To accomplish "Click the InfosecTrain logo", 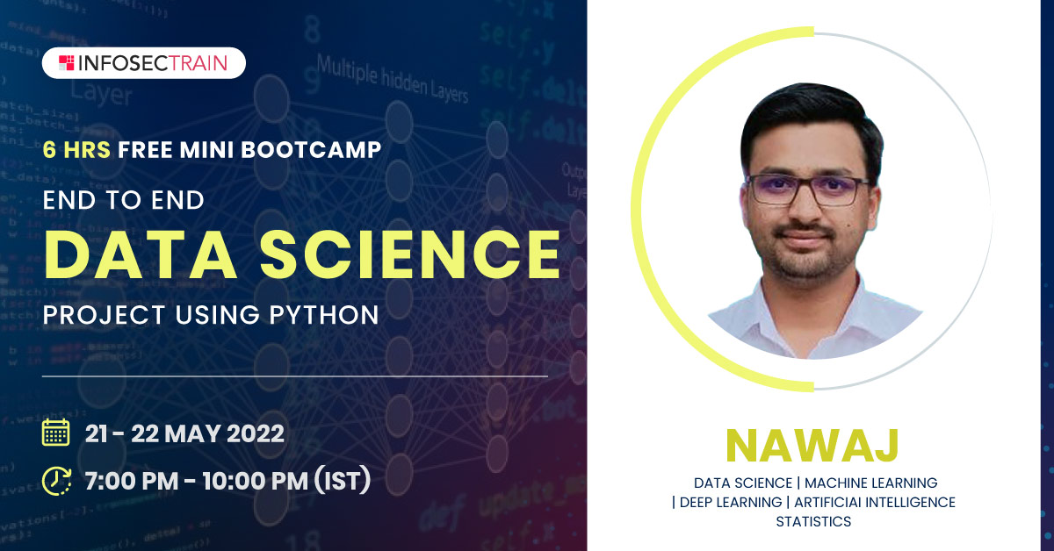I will (143, 63).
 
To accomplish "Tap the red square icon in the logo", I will (67, 63).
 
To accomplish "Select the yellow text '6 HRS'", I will (76, 150).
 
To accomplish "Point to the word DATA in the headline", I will (129, 254).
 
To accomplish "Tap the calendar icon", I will (56, 433).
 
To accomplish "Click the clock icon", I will (57, 480).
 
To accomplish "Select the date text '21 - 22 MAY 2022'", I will (184, 433).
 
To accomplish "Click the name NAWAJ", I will (812, 445).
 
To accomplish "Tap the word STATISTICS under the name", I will (813, 522).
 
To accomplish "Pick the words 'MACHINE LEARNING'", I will (870, 483).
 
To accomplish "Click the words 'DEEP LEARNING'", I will (730, 503).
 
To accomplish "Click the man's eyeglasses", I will (808, 189).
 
